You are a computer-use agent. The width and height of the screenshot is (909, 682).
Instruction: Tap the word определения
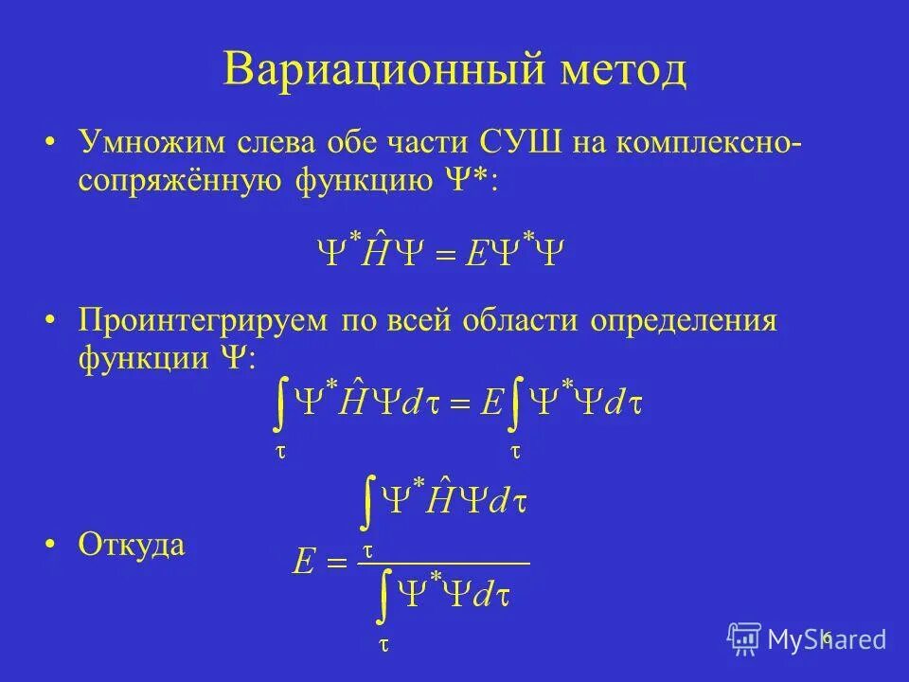685,320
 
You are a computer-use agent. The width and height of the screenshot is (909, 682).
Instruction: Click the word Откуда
132,545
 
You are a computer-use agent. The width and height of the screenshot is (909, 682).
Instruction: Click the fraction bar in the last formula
441,564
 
